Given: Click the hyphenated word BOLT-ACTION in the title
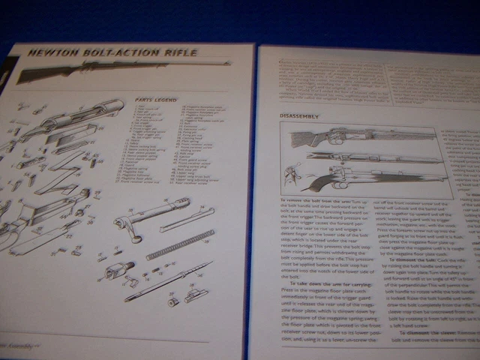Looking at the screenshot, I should [119, 53].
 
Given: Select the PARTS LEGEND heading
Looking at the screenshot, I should [154, 99].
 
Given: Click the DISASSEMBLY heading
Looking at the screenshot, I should [299, 116].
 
